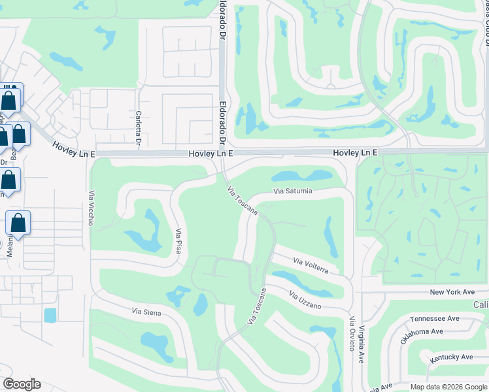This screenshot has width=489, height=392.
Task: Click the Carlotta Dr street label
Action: point(139,125)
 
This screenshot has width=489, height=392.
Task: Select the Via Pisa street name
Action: point(178,240)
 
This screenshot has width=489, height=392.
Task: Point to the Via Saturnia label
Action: point(293,191)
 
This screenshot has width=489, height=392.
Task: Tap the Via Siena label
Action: point(146,312)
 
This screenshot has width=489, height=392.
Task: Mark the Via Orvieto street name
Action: point(352,334)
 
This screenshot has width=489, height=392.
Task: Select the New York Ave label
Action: point(451,291)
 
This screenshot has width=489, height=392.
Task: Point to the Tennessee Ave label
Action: point(435,319)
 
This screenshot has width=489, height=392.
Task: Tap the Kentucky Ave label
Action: point(451,357)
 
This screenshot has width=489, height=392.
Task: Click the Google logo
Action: point(22,384)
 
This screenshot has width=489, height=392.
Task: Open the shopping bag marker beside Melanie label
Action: point(18,223)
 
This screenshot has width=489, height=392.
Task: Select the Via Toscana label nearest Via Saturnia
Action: point(242,201)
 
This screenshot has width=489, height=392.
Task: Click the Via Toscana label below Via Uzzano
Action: point(257,306)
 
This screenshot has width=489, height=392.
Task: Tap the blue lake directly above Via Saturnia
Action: point(301,176)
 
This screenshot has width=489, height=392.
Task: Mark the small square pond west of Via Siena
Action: point(50,315)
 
